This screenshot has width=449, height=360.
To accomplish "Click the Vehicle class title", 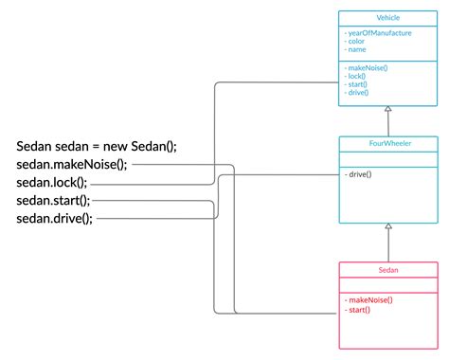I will pyautogui.click(x=387, y=18).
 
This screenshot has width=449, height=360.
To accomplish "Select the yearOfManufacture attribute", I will pyautogui.click(x=379, y=33).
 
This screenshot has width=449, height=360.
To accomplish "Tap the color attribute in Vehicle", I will pyautogui.click(x=357, y=42).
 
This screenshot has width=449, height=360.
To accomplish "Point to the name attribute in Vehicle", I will pyautogui.click(x=357, y=49).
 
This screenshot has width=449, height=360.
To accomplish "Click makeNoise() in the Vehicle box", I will pyautogui.click(x=369, y=66).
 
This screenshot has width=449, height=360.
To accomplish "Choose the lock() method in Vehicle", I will pyautogui.click(x=357, y=76).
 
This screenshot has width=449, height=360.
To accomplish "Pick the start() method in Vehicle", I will pyautogui.click(x=358, y=84).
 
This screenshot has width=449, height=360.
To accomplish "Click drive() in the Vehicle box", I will pyautogui.click(x=358, y=93).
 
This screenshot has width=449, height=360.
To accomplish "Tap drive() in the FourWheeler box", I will pyautogui.click(x=358, y=174).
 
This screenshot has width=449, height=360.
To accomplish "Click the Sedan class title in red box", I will pyautogui.click(x=387, y=270).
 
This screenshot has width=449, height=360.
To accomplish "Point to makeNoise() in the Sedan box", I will pyautogui.click(x=369, y=299).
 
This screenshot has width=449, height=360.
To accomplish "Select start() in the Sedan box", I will pyautogui.click(x=358, y=310).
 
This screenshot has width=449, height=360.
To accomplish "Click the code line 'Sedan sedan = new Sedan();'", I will pyautogui.click(x=97, y=146).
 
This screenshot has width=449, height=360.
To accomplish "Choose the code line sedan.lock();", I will pyautogui.click(x=52, y=183).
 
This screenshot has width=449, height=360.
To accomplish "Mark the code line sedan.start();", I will pyautogui.click(x=53, y=201).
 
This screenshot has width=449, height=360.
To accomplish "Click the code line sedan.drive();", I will pyautogui.click(x=55, y=219).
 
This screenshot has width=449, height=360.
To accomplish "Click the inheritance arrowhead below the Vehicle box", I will pyautogui.click(x=387, y=110).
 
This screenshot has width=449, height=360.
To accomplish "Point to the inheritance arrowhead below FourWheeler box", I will pyautogui.click(x=387, y=227).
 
